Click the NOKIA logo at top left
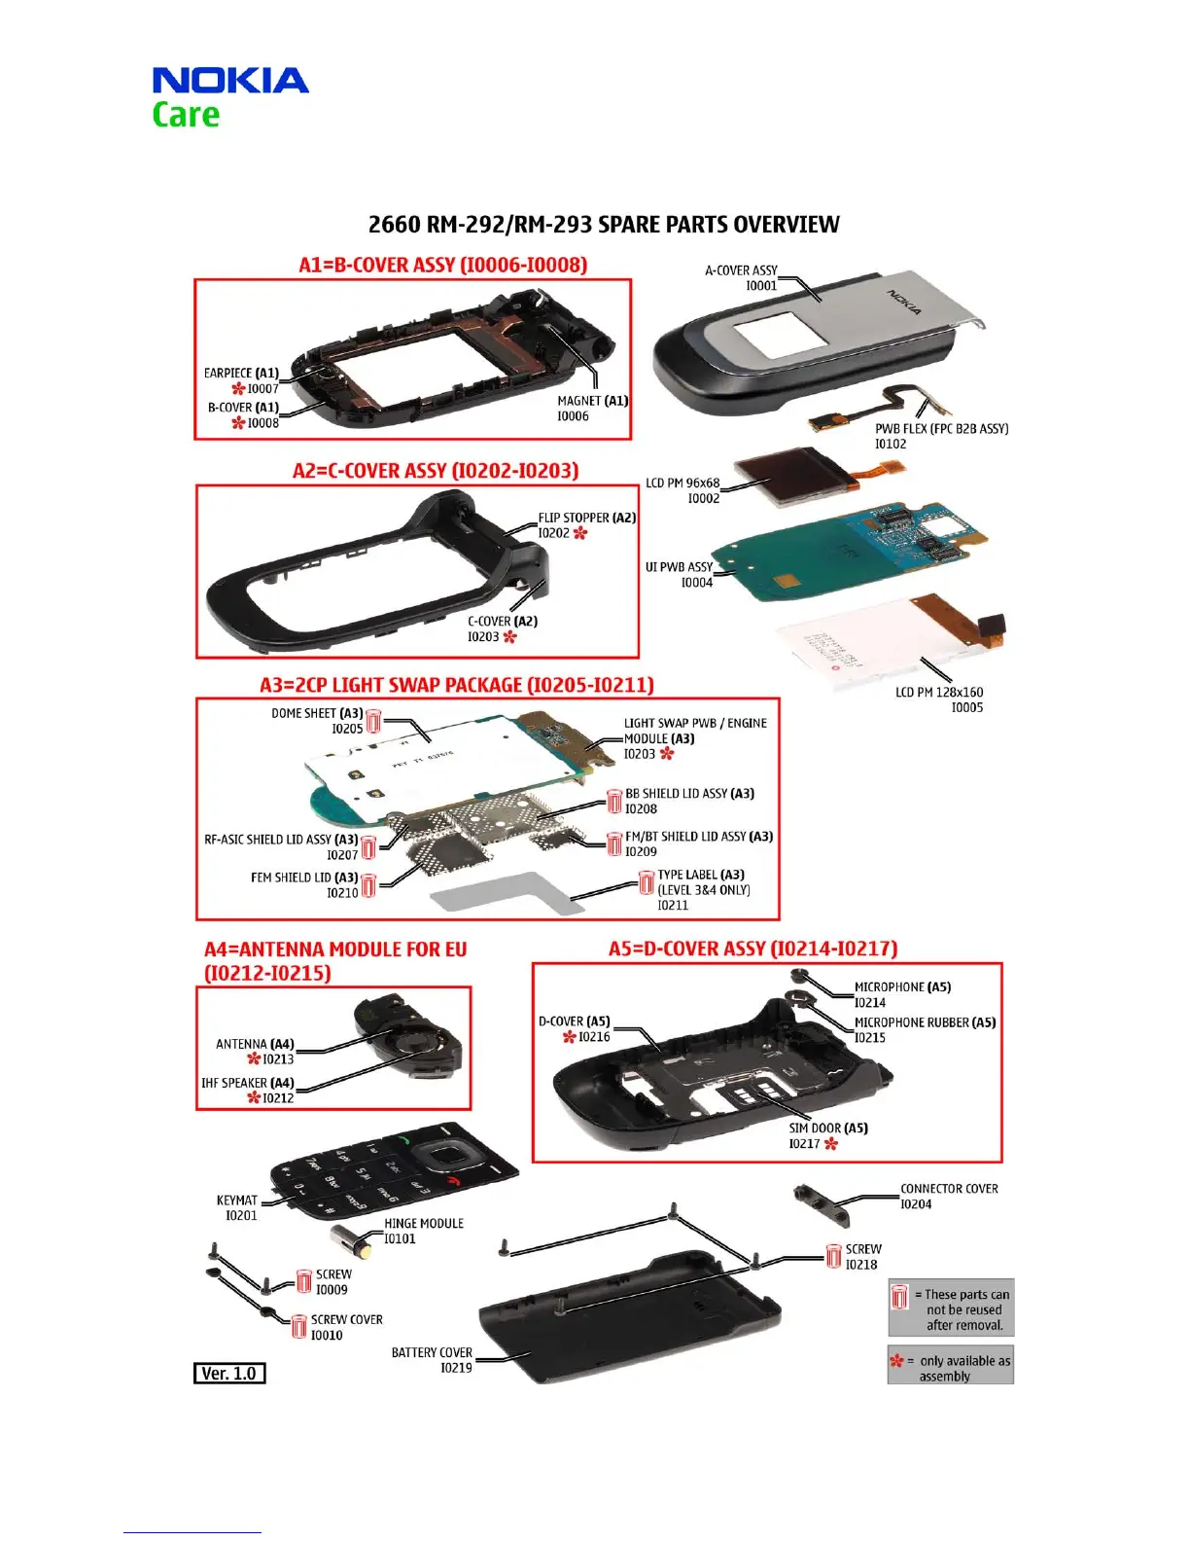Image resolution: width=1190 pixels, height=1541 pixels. pyautogui.click(x=230, y=80)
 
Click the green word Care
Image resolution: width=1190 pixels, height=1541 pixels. pyautogui.click(x=186, y=115)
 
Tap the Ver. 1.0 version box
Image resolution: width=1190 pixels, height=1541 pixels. pyautogui.click(x=229, y=1373)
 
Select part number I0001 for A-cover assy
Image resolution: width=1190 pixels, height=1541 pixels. pyautogui.click(x=761, y=286)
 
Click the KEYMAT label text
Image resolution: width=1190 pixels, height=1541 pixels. pyautogui.click(x=237, y=1200)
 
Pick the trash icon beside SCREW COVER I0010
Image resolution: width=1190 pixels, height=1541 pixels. pyautogui.click(x=299, y=1326)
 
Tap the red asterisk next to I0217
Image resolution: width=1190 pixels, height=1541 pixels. pyautogui.click(x=830, y=1144)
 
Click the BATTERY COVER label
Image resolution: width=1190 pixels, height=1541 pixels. pyautogui.click(x=432, y=1352)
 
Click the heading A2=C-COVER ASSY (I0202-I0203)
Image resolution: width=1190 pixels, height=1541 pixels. pyautogui.click(x=436, y=471)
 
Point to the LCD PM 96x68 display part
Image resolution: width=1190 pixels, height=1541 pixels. pyautogui.click(x=787, y=478)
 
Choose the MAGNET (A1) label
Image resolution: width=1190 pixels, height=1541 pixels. pyautogui.click(x=592, y=401)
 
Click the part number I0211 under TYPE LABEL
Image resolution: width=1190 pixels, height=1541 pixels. pyautogui.click(x=673, y=906)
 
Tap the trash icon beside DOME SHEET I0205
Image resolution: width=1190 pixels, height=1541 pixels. pyautogui.click(x=373, y=722)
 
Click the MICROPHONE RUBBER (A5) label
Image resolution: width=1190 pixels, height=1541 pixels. pyautogui.click(x=925, y=1022)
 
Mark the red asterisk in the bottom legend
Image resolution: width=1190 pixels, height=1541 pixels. pyautogui.click(x=896, y=1360)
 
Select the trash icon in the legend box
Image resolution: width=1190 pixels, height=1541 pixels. pyautogui.click(x=899, y=1297)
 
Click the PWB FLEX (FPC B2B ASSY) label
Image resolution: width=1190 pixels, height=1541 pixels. pyautogui.click(x=941, y=428)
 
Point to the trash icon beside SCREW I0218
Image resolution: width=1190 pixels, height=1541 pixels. pyautogui.click(x=833, y=1256)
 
